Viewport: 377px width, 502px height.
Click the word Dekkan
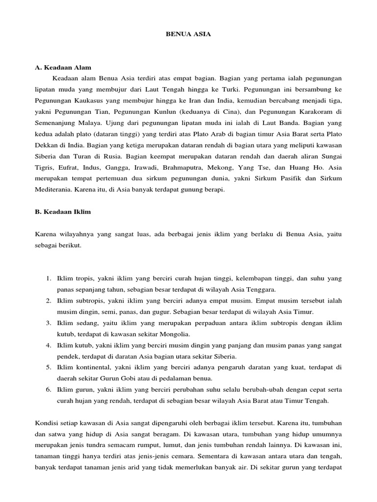pyautogui.click(x=48, y=146)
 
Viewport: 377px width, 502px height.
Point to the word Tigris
pyautogui.click(x=44, y=168)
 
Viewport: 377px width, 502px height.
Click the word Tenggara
pyautogui.click(x=262, y=289)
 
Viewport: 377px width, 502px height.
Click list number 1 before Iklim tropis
pyautogui.click(x=49, y=278)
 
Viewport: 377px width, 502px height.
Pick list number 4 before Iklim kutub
pyautogui.click(x=49, y=346)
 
